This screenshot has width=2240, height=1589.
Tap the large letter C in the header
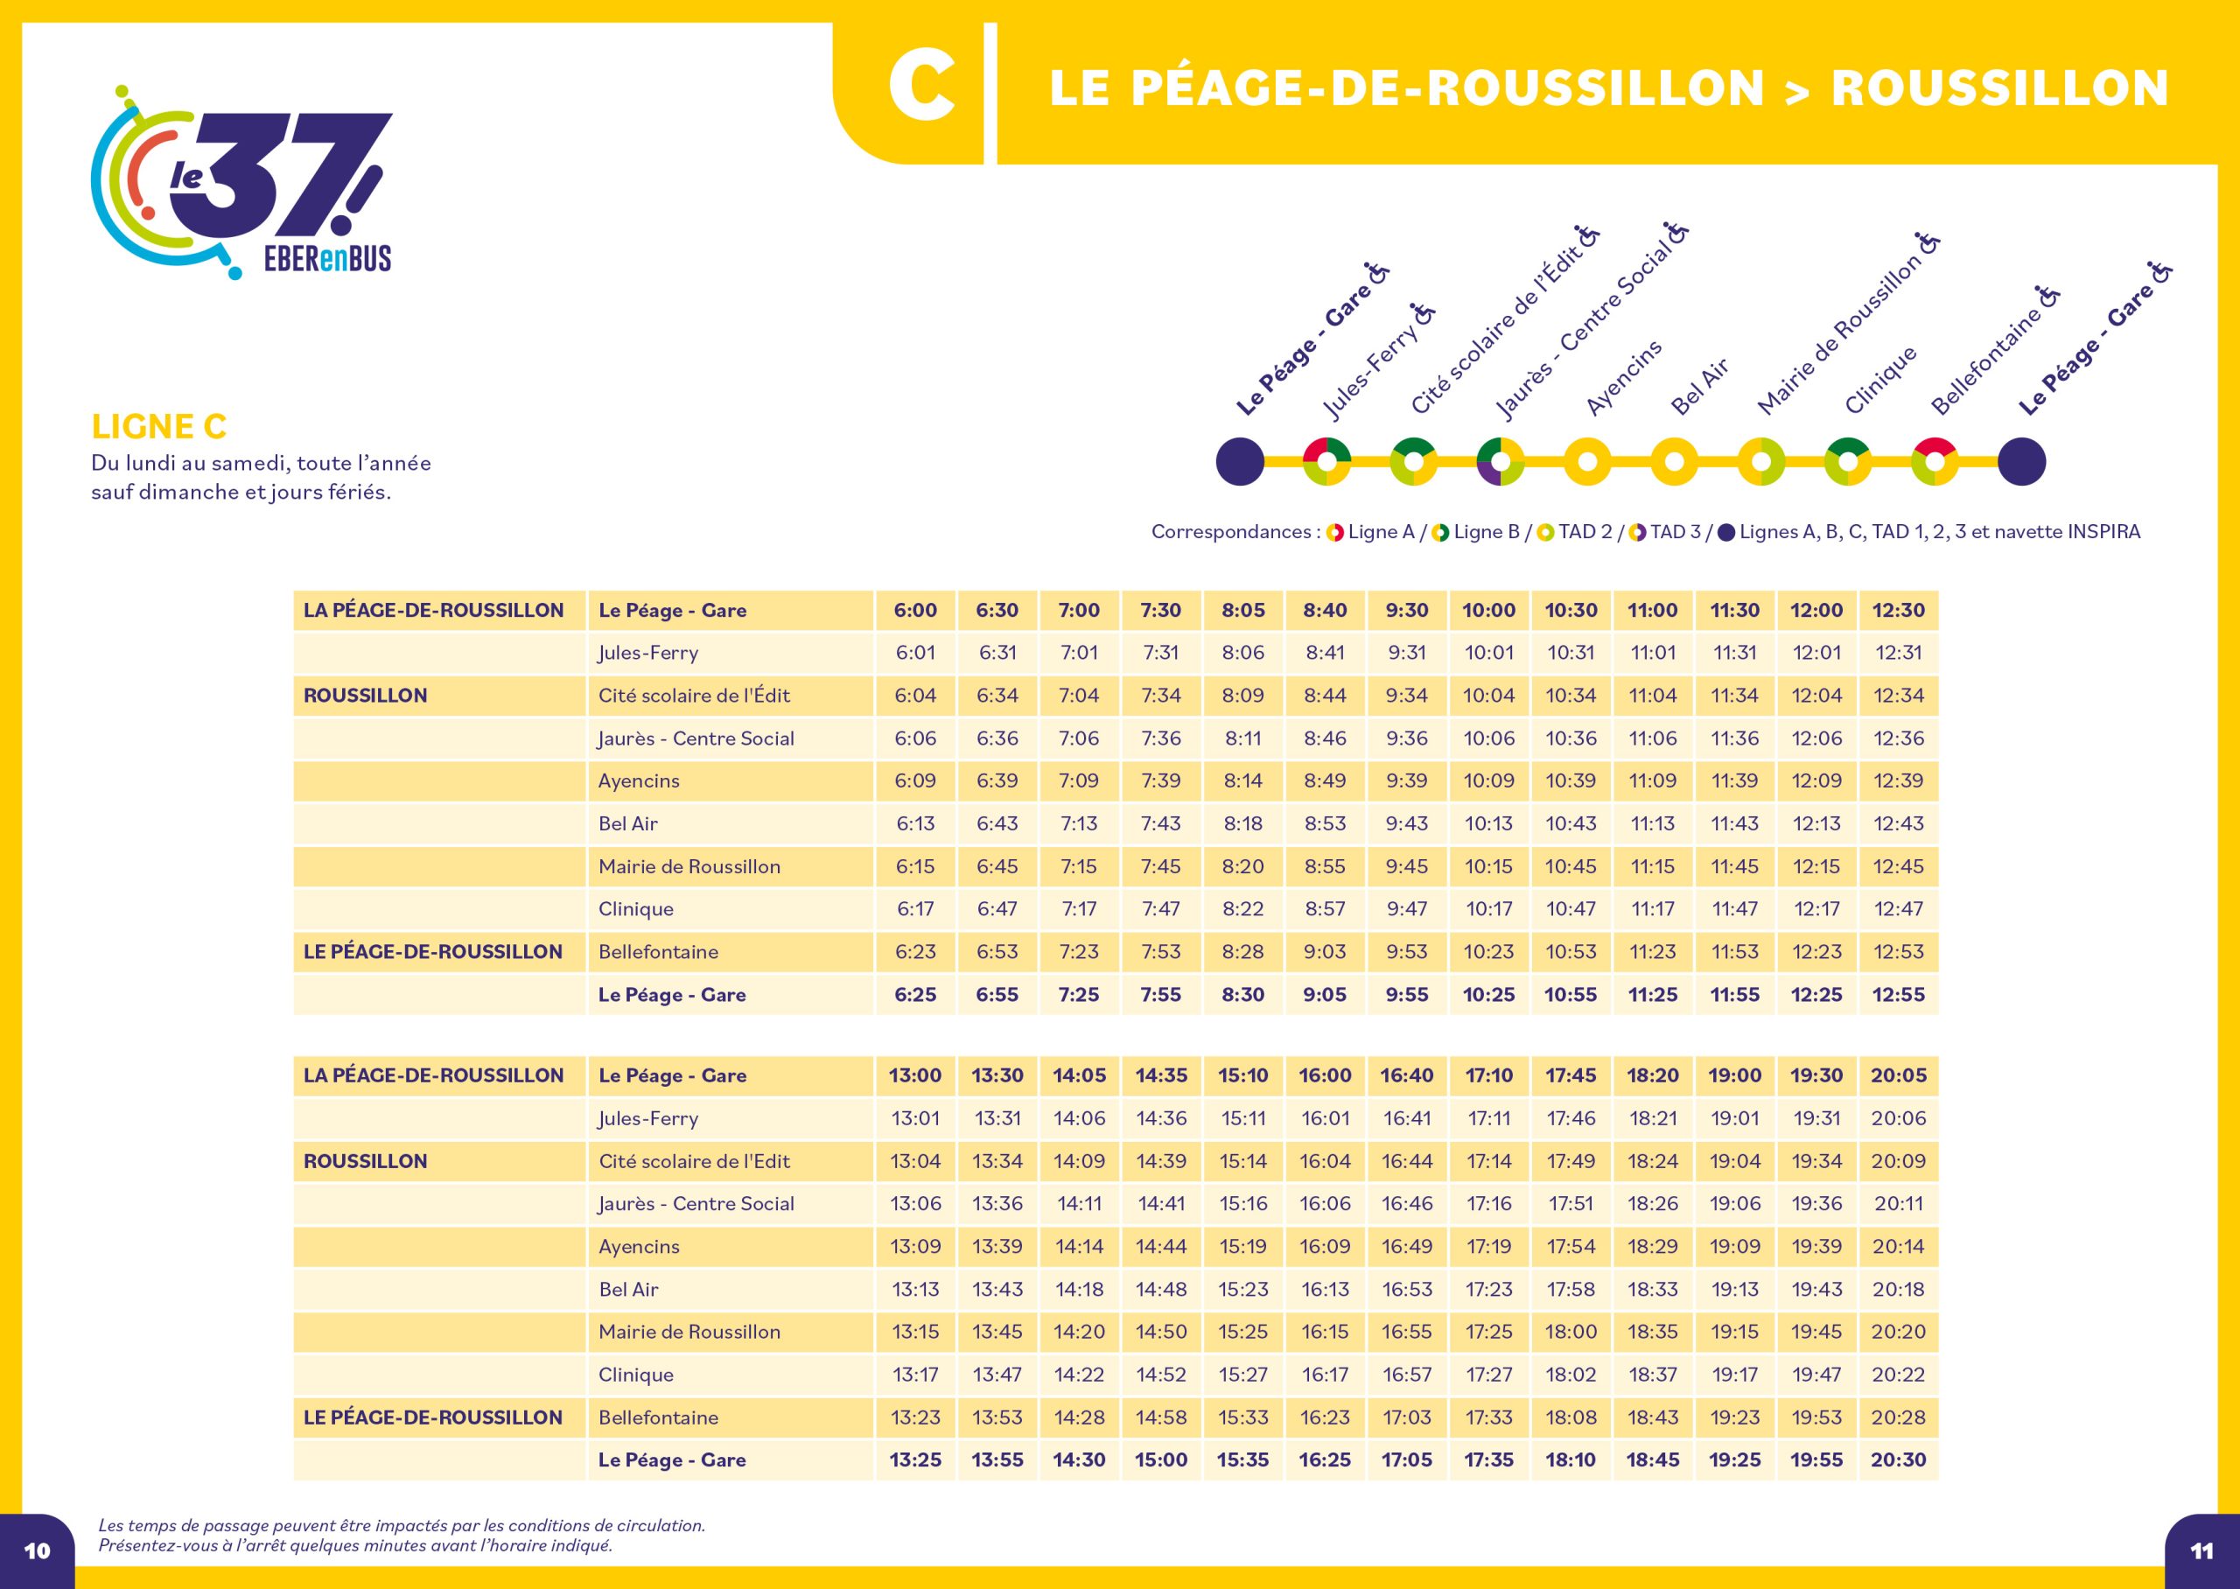(x=921, y=88)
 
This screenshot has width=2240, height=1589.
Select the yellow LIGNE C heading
(x=158, y=427)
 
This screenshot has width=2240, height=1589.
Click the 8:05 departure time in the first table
(x=1243, y=611)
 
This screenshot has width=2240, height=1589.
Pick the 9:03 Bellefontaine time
(x=1326, y=952)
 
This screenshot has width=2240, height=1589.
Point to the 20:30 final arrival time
(x=1899, y=1459)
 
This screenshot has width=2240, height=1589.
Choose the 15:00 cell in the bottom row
(x=1161, y=1459)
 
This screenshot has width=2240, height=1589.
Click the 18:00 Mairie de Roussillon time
(x=1571, y=1332)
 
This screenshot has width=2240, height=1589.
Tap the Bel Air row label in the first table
(x=628, y=824)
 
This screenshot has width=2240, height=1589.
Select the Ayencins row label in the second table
(x=639, y=1247)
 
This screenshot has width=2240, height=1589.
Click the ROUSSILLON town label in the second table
(x=365, y=1161)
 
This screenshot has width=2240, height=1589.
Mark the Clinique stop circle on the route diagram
(x=1848, y=462)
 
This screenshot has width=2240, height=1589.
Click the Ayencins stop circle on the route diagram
(x=1587, y=462)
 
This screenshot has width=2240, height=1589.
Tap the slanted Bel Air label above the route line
(x=1700, y=387)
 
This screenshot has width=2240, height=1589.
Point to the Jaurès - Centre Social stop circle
(x=1501, y=462)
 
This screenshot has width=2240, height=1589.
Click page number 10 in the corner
(x=37, y=1550)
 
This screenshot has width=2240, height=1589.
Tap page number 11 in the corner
(x=2201, y=1550)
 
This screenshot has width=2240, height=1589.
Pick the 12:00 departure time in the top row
(x=1816, y=611)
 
